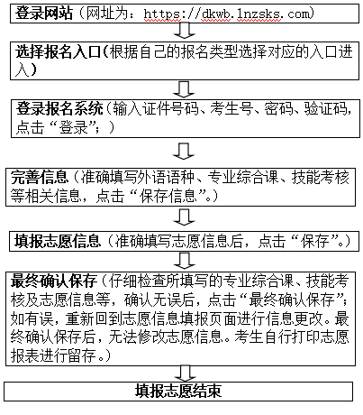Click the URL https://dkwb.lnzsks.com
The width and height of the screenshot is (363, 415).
227,14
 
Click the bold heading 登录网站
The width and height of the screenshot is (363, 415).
44,14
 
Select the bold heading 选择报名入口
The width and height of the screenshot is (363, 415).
58,52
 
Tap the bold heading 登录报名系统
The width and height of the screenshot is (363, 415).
59,109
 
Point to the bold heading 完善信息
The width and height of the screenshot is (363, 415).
40,177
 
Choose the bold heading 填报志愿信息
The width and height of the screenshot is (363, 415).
58,241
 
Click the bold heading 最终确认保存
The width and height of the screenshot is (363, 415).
54,281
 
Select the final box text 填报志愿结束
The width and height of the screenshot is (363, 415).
178,391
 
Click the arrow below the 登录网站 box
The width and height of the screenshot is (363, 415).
184,31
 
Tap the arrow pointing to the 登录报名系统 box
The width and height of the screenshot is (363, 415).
184,89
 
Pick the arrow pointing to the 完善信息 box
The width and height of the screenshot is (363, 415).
184,151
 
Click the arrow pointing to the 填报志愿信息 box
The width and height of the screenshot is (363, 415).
184,217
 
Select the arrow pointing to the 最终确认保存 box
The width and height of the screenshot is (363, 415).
184,260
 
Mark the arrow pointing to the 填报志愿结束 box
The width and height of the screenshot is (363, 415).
185,373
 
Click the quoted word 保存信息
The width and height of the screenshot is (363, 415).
168,196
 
